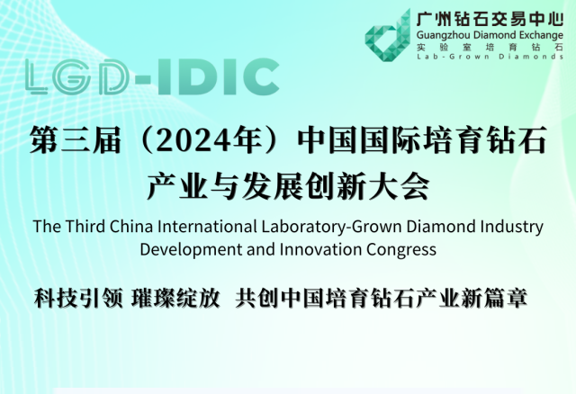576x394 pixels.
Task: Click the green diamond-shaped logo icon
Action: point(388,37)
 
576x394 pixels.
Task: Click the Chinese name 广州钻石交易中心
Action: point(490,19)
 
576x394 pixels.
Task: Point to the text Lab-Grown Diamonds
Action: point(490,57)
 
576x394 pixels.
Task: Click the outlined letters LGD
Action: point(77,76)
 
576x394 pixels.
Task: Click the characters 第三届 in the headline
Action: point(76,140)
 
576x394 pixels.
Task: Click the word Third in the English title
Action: point(85,226)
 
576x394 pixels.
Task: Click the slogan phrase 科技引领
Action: point(78,298)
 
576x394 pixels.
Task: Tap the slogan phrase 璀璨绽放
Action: point(175,298)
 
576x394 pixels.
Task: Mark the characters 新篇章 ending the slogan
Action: point(494,298)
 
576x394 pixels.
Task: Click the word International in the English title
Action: point(207,226)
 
